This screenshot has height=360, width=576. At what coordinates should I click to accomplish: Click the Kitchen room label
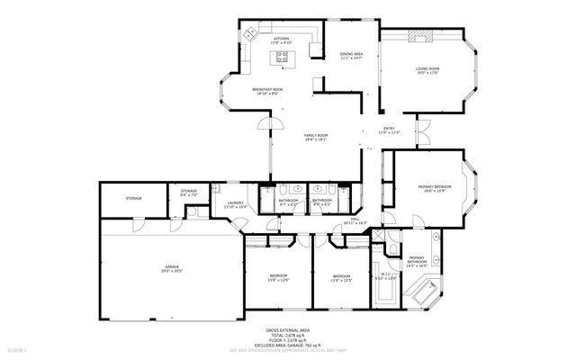coord(282,39)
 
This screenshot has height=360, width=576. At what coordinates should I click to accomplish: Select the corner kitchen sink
coord(250,33)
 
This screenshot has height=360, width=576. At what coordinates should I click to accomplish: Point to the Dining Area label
coord(351,54)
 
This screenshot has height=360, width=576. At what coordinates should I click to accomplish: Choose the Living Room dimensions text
coord(427,72)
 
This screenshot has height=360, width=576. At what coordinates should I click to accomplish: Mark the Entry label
coord(389,129)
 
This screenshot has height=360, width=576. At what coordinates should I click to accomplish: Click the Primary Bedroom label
coord(434,186)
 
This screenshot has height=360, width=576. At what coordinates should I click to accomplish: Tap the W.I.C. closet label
coord(384,275)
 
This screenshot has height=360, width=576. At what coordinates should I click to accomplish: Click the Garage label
coord(171,267)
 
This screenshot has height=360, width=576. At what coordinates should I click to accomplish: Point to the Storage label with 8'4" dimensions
coord(188,191)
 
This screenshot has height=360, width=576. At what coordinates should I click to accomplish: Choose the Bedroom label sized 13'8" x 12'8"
coord(279,275)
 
